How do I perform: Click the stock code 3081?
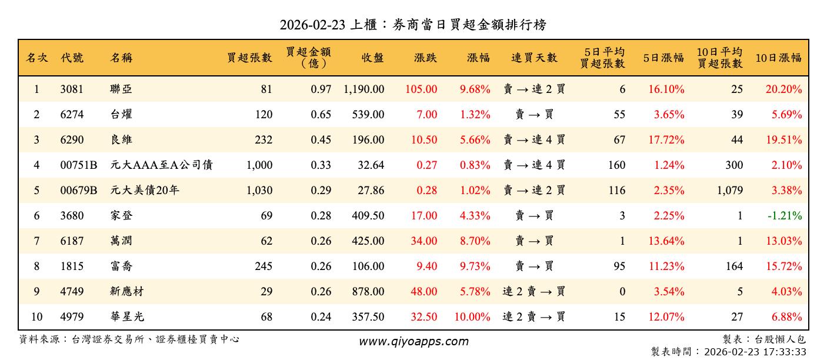72,89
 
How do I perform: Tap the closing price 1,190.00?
364,89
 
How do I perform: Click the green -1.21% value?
785,216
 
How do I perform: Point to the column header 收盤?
373,58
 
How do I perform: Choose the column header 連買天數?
534,58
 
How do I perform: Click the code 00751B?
79,165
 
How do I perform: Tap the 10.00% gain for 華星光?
472,317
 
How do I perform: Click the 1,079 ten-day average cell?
731,191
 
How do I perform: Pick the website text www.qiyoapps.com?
413,342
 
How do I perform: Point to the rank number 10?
36,317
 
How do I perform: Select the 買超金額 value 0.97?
321,89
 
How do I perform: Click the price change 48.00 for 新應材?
423,292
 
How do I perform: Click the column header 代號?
72,58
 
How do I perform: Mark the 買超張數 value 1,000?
259,165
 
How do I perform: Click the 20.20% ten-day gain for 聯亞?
786,89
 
